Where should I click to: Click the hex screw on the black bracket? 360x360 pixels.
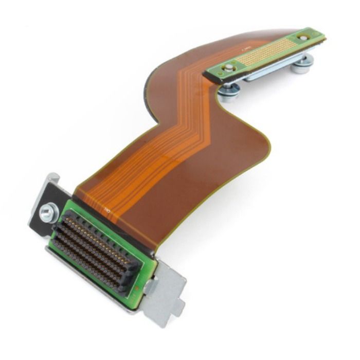coord(49,212)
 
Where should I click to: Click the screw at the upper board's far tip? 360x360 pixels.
coord(304,38)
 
